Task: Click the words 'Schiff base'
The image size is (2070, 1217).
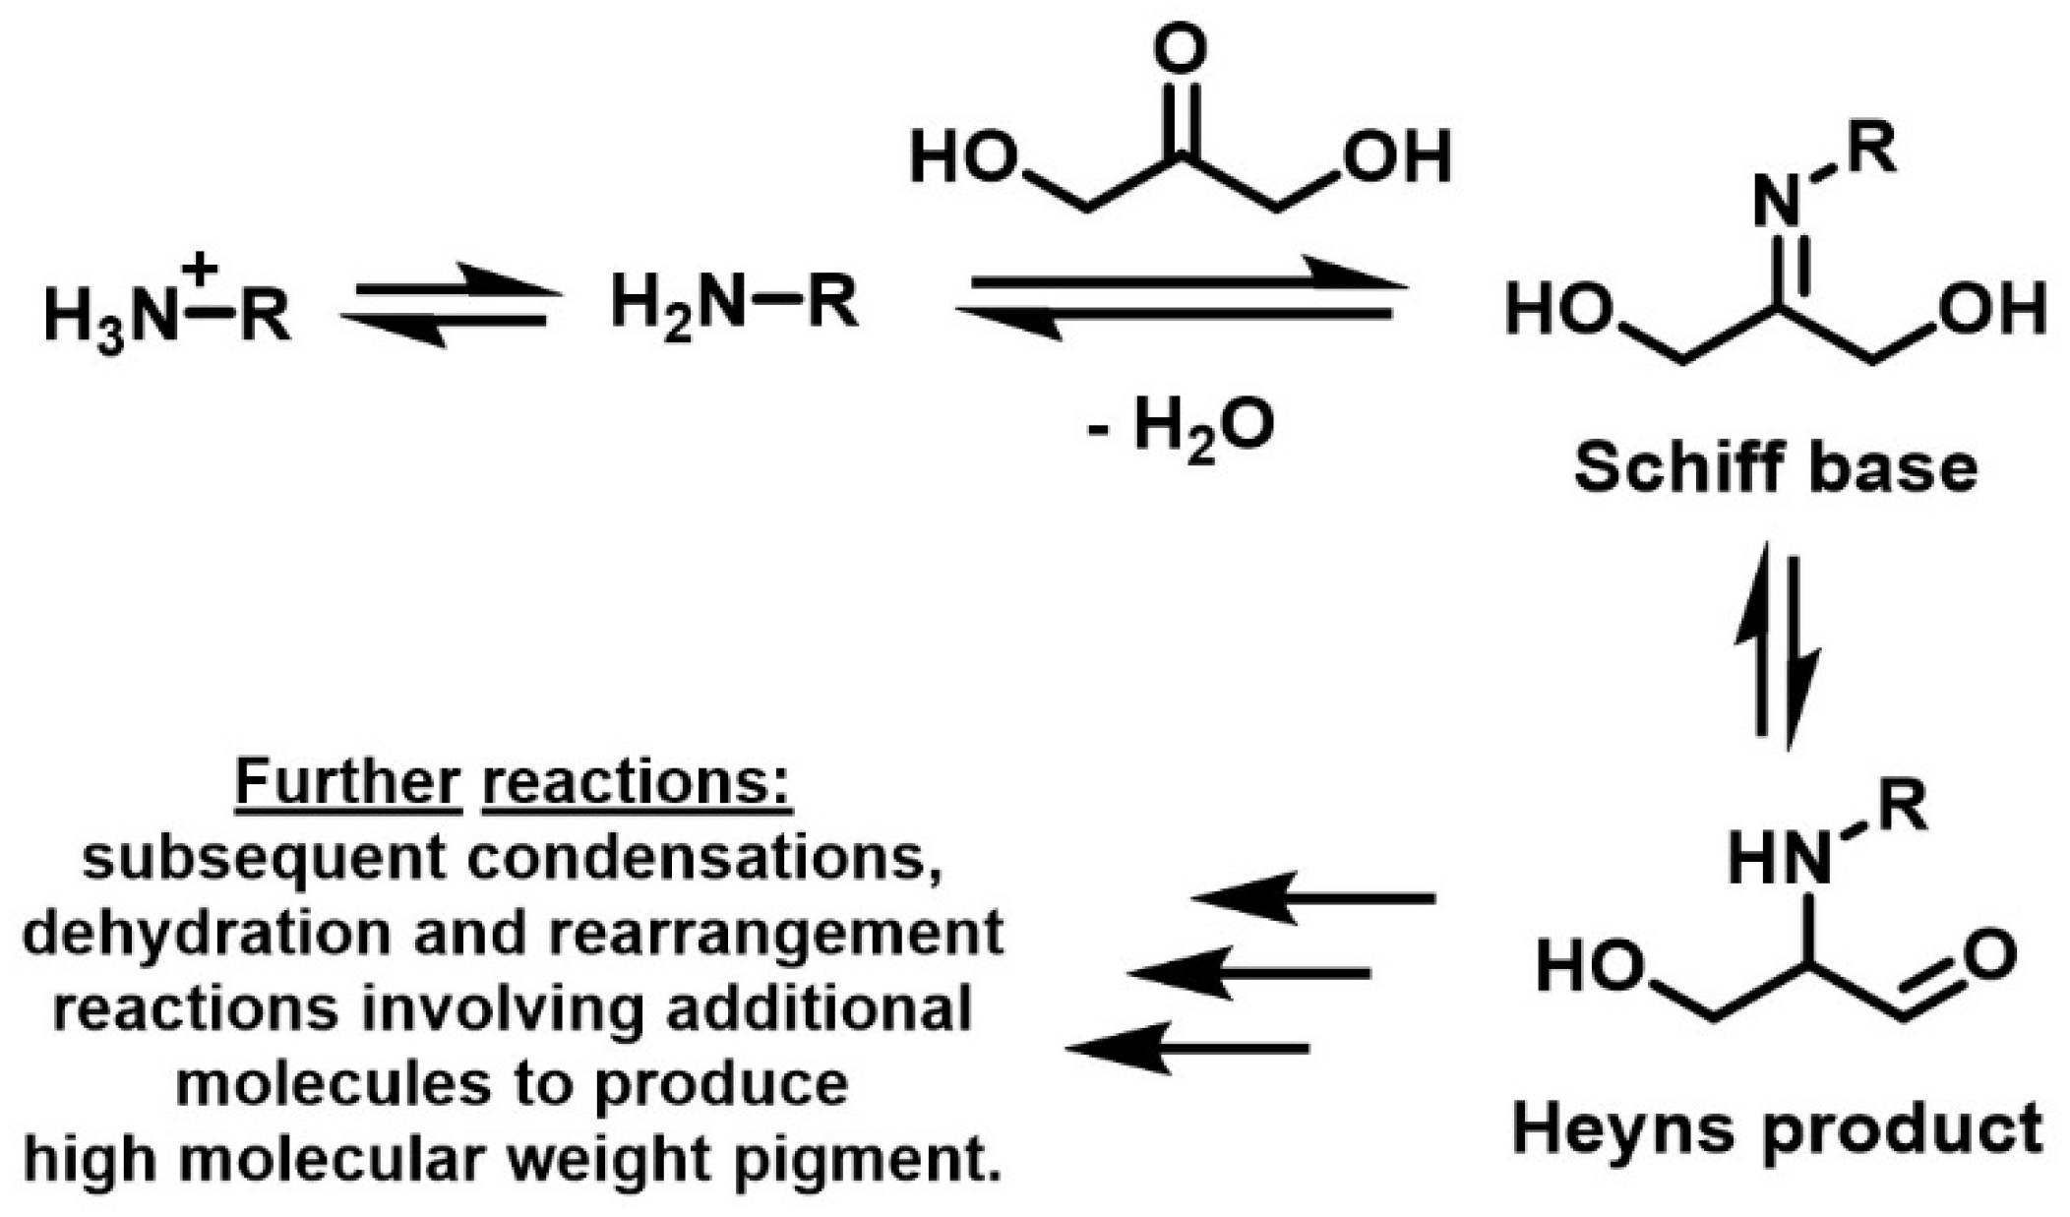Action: point(1776,467)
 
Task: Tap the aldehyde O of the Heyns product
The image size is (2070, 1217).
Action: point(1989,954)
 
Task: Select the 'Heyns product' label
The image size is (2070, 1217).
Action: point(1777,1129)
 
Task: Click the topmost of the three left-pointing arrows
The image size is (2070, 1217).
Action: point(1313,897)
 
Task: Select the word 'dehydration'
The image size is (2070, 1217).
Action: point(207,934)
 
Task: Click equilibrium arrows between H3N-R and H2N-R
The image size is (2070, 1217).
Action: point(449,304)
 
